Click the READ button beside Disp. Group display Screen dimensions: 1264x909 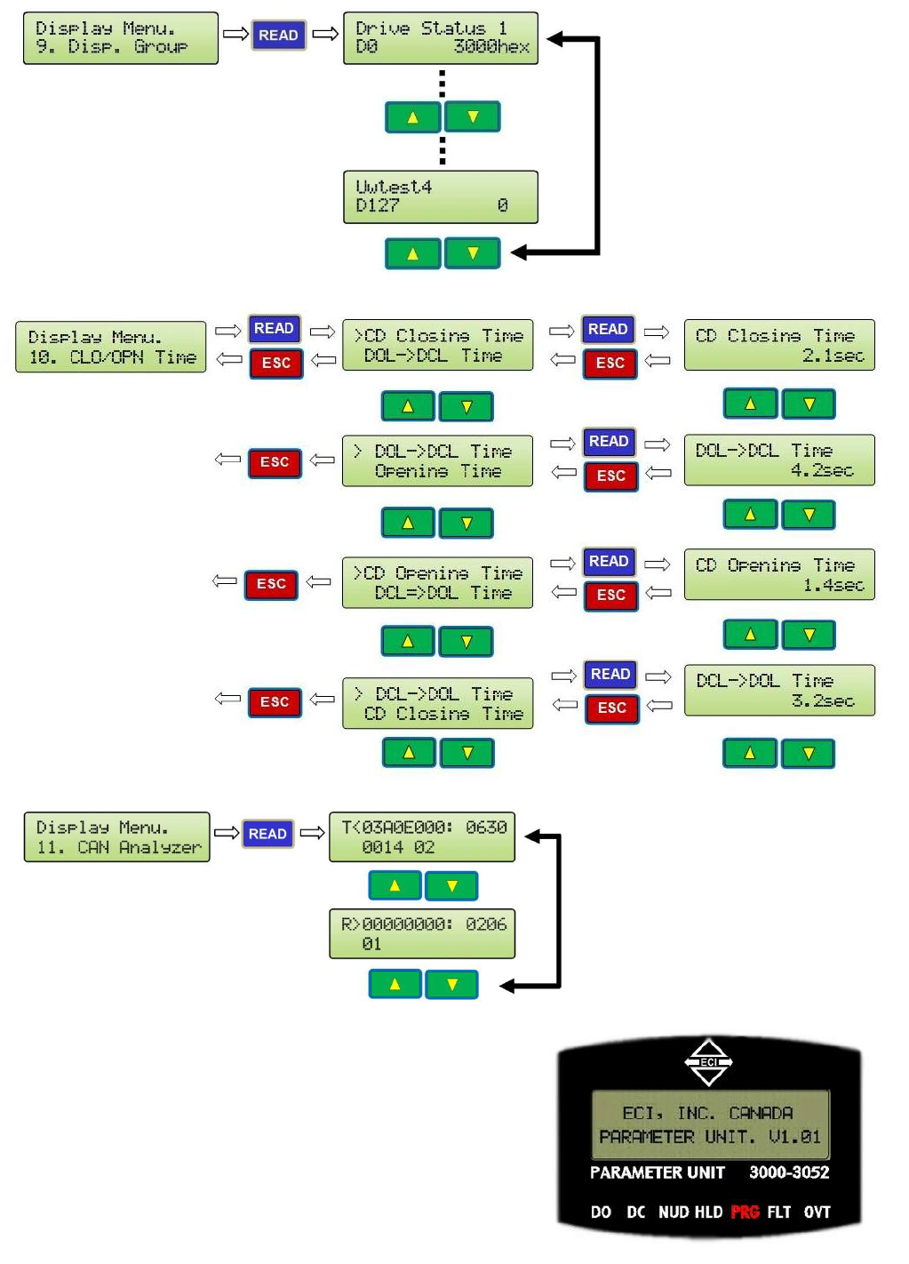point(278,36)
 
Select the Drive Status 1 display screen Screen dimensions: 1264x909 point(441,38)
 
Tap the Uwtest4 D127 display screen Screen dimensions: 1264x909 point(441,196)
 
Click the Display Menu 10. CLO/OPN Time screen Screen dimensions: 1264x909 point(111,347)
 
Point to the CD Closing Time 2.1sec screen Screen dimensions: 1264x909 point(779,345)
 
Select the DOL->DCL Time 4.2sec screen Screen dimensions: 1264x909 point(779,460)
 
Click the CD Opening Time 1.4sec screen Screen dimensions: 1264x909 point(779,574)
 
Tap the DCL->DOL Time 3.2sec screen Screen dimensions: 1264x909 point(779,691)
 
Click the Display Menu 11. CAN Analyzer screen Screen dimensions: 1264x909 point(117,837)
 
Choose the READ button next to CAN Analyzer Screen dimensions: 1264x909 point(267,834)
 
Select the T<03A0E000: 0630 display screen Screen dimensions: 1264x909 point(422,837)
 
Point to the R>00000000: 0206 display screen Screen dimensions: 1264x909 point(422,933)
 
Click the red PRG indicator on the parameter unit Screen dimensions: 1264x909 point(745,1212)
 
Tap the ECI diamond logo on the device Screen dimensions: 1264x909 point(708,1062)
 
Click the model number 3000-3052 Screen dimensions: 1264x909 point(788,1172)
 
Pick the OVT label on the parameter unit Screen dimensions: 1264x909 point(817,1212)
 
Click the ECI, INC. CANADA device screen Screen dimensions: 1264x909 point(710,1124)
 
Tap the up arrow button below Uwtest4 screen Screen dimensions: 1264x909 point(412,253)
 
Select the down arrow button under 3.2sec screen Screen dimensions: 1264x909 point(809,754)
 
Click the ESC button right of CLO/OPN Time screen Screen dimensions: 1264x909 point(276,363)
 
